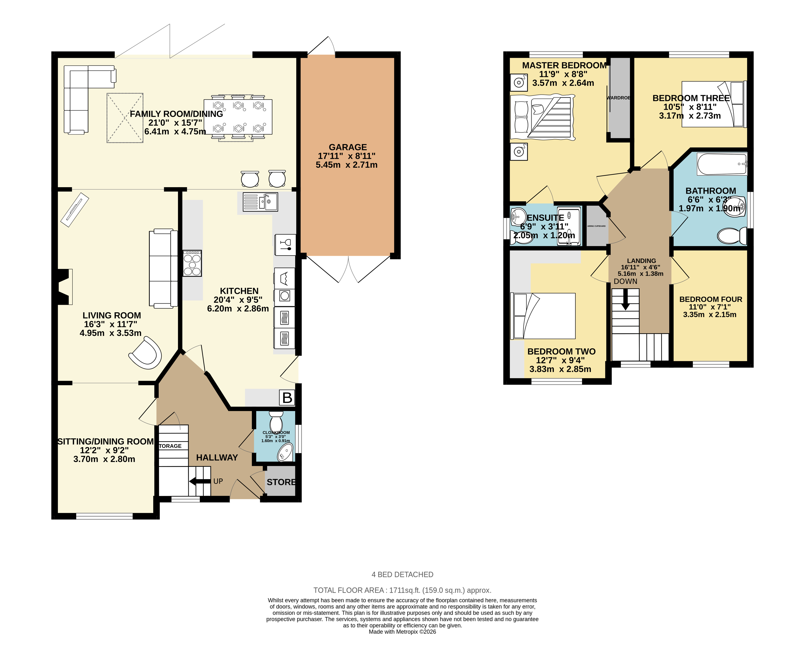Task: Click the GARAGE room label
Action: pos(348,147)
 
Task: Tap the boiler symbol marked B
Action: pos(287,398)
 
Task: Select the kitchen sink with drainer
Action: pos(260,202)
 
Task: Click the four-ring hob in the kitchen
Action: pos(192,263)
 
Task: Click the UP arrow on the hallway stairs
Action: pos(199,481)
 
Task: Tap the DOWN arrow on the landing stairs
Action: pos(625,300)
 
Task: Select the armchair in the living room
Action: pos(145,353)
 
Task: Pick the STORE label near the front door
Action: pos(281,482)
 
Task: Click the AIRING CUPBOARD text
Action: pos(597,226)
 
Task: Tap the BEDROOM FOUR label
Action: pos(711,299)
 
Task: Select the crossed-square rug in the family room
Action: pos(125,118)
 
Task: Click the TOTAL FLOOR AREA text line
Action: pos(402,590)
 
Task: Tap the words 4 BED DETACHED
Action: pos(402,575)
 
